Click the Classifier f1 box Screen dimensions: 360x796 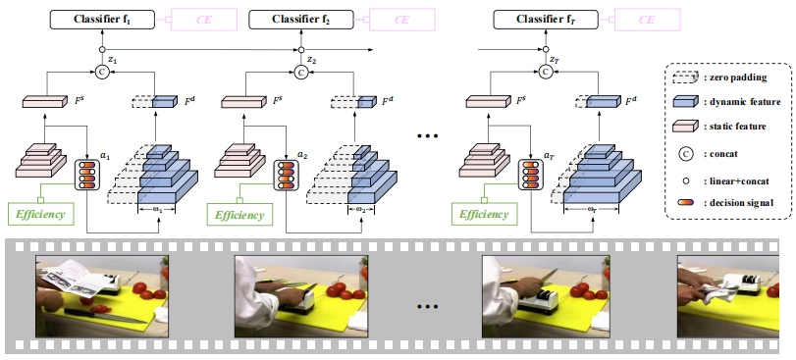coord(101,18)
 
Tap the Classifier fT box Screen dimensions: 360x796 coord(544,18)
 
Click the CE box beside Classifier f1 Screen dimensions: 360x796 coord(200,18)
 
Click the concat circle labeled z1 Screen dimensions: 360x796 coord(101,71)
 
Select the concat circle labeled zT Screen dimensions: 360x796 coord(544,71)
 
